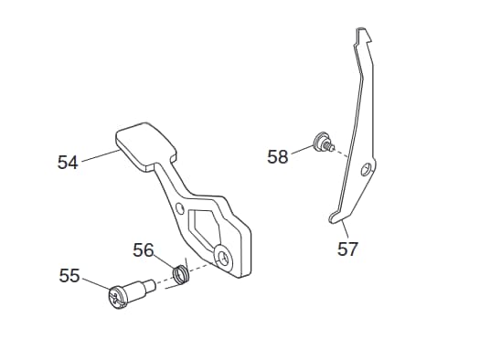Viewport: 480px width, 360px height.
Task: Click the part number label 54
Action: [x=68, y=162]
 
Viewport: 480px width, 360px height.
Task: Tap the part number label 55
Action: [x=69, y=276]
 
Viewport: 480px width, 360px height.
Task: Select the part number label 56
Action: [x=143, y=249]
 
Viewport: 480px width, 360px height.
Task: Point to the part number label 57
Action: [x=347, y=249]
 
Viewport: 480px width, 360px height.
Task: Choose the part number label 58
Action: [x=278, y=156]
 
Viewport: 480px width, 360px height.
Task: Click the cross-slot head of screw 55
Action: [x=118, y=297]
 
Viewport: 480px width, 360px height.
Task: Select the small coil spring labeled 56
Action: [x=181, y=274]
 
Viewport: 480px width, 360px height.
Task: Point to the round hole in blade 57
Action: [x=366, y=169]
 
